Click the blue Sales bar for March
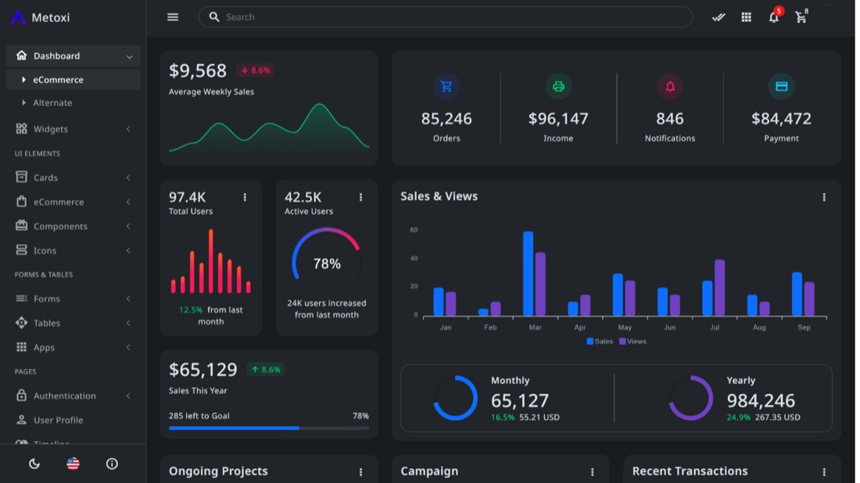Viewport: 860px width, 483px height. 528,274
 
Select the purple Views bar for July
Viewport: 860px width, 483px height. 719,288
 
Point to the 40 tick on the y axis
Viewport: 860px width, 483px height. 414,258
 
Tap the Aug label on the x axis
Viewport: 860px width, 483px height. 759,327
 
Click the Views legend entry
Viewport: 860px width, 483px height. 632,341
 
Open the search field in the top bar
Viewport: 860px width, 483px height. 445,17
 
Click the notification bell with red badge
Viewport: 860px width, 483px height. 775,16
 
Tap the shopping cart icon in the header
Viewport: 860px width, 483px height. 801,17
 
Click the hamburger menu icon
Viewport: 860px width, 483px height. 173,17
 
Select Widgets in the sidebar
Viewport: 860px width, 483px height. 51,129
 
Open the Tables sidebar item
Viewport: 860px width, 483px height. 47,323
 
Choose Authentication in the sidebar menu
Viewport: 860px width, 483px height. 64,395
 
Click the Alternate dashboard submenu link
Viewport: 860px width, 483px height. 52,102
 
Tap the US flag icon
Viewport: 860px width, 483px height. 73,463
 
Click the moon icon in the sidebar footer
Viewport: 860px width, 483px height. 34,463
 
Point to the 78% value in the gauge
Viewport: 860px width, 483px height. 327,263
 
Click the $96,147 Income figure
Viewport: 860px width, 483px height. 558,119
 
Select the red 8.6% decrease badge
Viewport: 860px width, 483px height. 255,70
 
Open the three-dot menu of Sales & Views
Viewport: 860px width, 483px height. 824,197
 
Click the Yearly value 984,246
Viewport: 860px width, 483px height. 761,401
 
